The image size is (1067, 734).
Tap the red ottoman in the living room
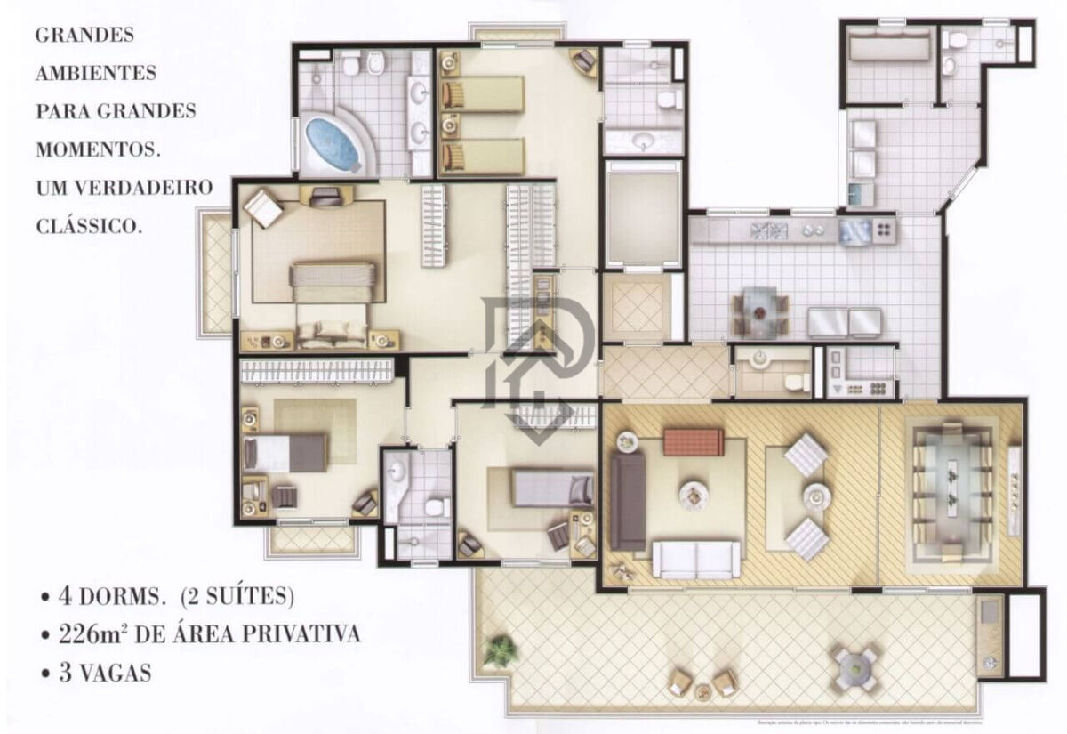[x=694, y=440]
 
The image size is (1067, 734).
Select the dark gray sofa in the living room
[x=628, y=501]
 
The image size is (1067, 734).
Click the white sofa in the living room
[x=696, y=559]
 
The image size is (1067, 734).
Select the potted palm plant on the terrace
[x=501, y=650]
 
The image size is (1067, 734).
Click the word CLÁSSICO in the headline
[x=89, y=226]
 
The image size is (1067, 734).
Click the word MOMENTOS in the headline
[x=98, y=149]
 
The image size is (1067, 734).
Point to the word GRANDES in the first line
[x=84, y=36]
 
